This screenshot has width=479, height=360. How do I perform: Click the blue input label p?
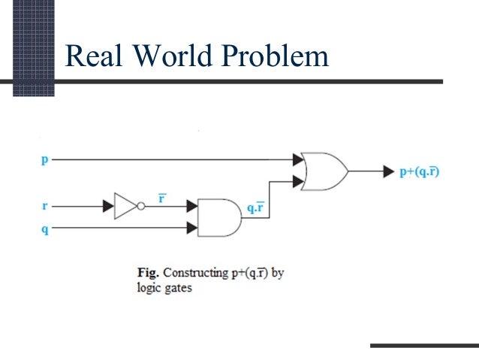pos(45,159)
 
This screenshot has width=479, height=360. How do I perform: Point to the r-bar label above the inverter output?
pos(161,198)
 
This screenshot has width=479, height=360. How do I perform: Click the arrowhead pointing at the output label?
pos(388,171)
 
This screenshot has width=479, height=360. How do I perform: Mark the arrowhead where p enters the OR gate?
pos(298,159)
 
